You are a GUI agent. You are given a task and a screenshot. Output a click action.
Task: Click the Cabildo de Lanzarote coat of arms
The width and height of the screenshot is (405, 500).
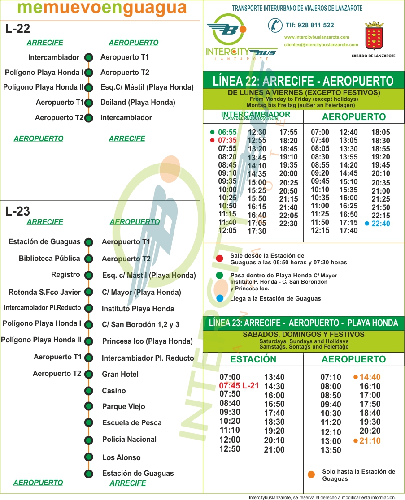tap(374, 35)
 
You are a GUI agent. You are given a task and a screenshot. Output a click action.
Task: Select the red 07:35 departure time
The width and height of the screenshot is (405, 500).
tap(227, 140)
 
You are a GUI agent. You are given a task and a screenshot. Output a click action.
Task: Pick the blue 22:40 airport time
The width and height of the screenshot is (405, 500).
tap(381, 224)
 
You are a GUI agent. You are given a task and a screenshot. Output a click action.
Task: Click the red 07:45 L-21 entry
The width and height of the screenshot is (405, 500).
tap(239, 385)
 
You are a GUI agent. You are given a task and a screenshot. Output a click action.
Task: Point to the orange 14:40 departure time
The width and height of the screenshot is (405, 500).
tap(370, 377)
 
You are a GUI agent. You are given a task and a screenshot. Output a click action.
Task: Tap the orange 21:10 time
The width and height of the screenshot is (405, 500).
tap(370, 441)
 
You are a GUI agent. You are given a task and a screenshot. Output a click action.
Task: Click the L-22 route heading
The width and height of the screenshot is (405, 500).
tap(18, 29)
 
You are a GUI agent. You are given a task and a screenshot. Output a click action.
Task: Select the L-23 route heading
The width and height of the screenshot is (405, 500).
tap(18, 211)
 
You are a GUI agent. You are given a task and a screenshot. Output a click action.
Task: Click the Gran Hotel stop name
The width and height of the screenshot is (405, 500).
tap(120, 374)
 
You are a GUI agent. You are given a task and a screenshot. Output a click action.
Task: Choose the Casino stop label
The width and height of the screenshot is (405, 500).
tap(114, 391)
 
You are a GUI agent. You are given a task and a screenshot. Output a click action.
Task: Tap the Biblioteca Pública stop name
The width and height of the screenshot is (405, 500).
tap(49, 258)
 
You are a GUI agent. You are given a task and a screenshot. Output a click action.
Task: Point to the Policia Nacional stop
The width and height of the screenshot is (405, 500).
tap(129, 439)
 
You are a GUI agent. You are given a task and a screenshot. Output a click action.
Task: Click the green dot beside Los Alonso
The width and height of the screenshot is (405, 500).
tap(89, 457)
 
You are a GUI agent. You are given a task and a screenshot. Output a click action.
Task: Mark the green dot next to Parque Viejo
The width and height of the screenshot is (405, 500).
tap(89, 407)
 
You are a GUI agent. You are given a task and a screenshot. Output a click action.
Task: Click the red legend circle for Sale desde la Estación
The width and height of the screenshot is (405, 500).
tap(219, 258)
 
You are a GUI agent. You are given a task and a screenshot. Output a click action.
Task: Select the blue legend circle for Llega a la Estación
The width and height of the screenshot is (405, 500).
tap(219, 298)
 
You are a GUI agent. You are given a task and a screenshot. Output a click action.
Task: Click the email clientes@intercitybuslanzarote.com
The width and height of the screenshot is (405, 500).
tap(321, 44)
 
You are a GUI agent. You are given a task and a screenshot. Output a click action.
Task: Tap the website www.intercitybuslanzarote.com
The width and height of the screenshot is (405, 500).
tap(317, 37)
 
